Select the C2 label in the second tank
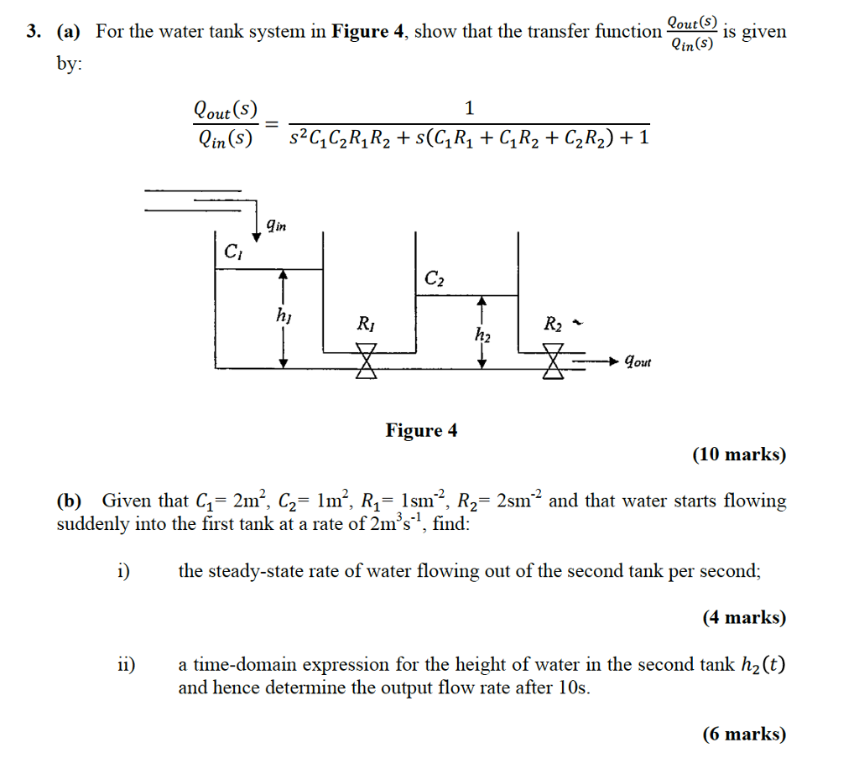[434, 278]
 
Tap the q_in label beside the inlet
[274, 224]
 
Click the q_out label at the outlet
[635, 361]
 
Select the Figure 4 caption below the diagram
[421, 431]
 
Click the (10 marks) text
[739, 455]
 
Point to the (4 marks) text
[744, 618]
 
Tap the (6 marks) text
[744, 735]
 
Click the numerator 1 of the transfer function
[470, 108]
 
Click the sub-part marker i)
[123, 572]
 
